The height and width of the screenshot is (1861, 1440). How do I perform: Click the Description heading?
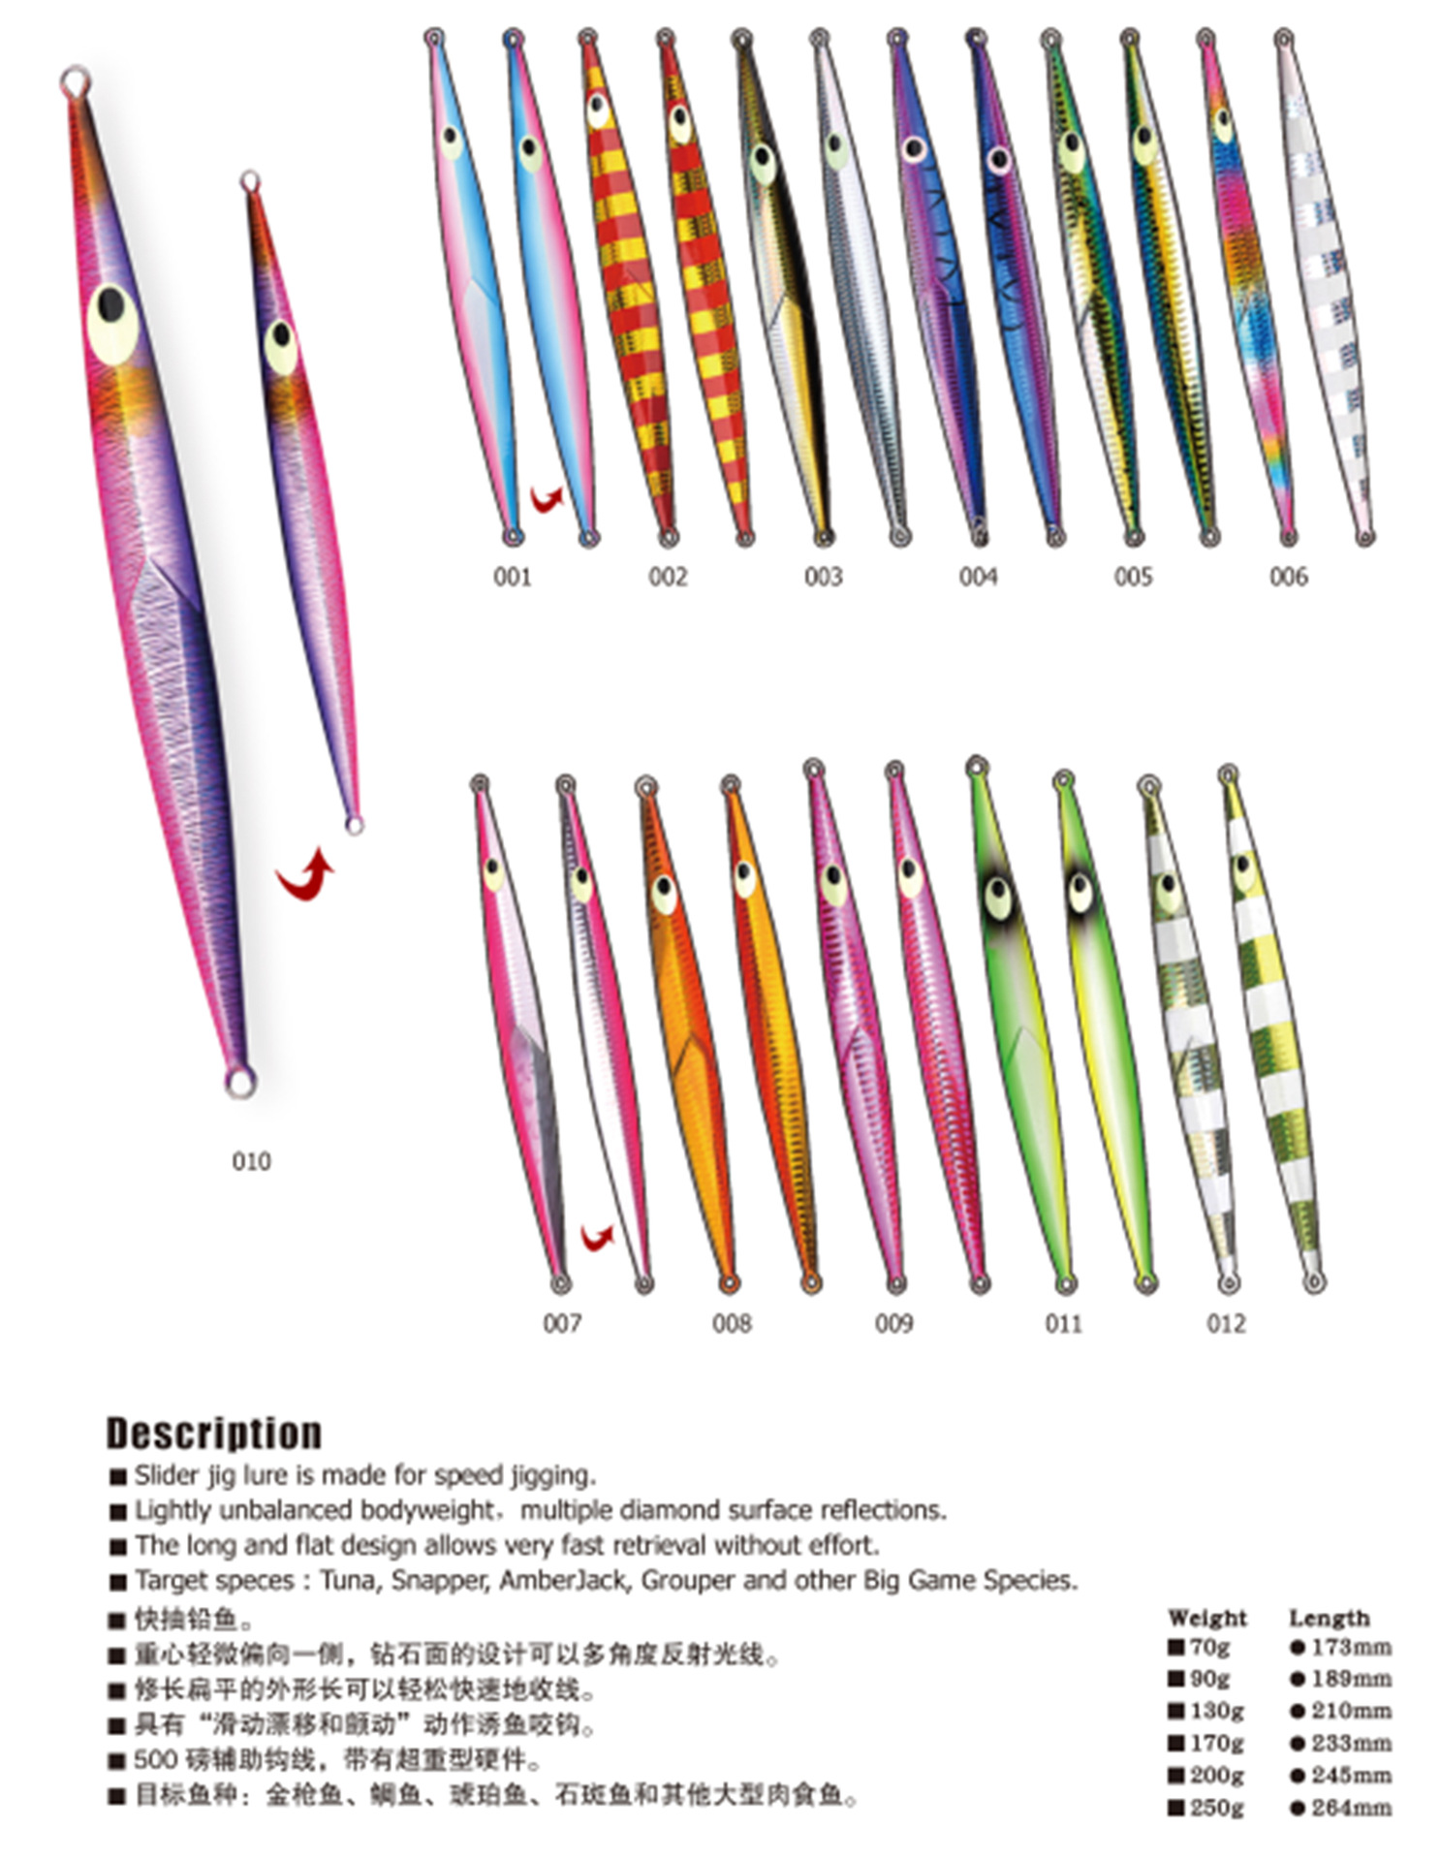pos(213,1433)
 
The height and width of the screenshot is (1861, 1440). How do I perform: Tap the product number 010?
pos(251,1160)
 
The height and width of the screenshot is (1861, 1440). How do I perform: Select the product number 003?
pos(823,577)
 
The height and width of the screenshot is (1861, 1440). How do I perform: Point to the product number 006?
pos(1288,577)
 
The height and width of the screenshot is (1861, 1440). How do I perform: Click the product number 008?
pos(732,1323)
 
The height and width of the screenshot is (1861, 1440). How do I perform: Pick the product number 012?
pos(1226,1323)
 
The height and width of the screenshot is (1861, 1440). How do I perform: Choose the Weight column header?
pos(1207,1617)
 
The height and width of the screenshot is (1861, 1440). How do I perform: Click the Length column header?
pos(1329,1617)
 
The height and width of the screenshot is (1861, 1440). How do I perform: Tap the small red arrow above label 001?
pos(547,499)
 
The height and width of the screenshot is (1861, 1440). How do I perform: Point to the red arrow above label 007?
pos(597,1237)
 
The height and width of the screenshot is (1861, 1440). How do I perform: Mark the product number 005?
pos(1133,577)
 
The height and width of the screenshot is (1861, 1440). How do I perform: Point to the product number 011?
pos(1063,1323)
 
